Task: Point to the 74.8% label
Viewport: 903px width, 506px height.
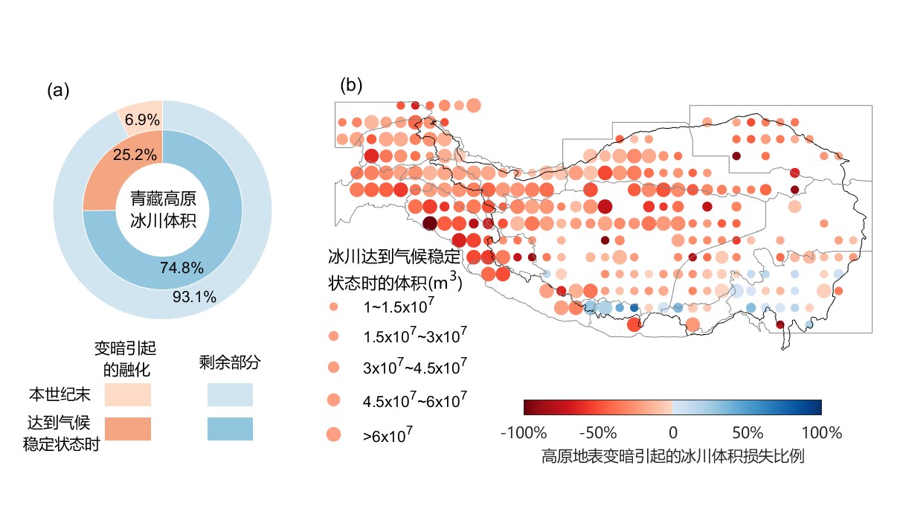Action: pyautogui.click(x=182, y=269)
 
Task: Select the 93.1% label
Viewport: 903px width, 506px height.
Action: pyautogui.click(x=196, y=297)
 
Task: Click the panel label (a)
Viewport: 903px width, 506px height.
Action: pyautogui.click(x=58, y=91)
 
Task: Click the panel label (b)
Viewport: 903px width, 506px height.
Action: pyautogui.click(x=351, y=85)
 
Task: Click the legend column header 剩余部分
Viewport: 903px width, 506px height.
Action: pyautogui.click(x=230, y=362)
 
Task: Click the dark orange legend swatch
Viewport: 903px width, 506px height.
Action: pyautogui.click(x=128, y=429)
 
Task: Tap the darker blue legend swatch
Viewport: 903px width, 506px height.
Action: pyautogui.click(x=230, y=429)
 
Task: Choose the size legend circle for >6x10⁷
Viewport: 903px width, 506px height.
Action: pyautogui.click(x=333, y=435)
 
